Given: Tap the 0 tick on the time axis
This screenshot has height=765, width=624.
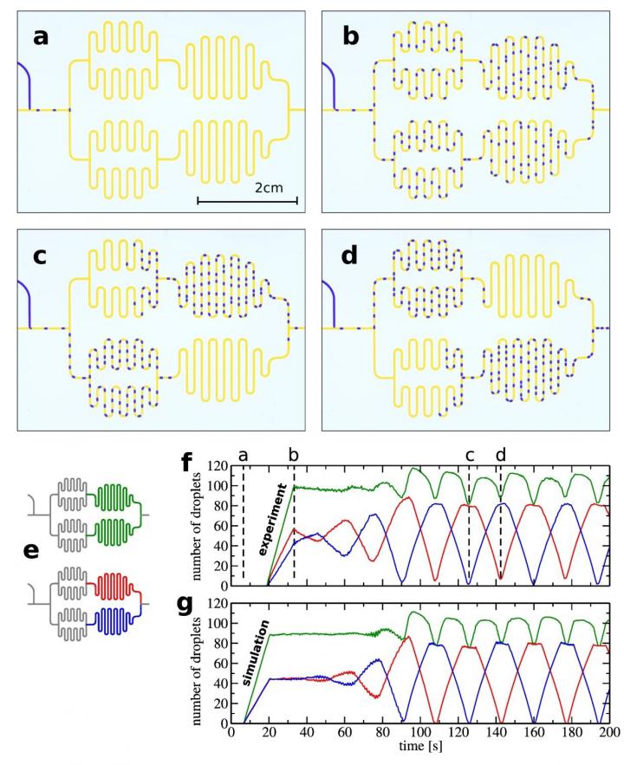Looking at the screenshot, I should pyautogui.click(x=231, y=732).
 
